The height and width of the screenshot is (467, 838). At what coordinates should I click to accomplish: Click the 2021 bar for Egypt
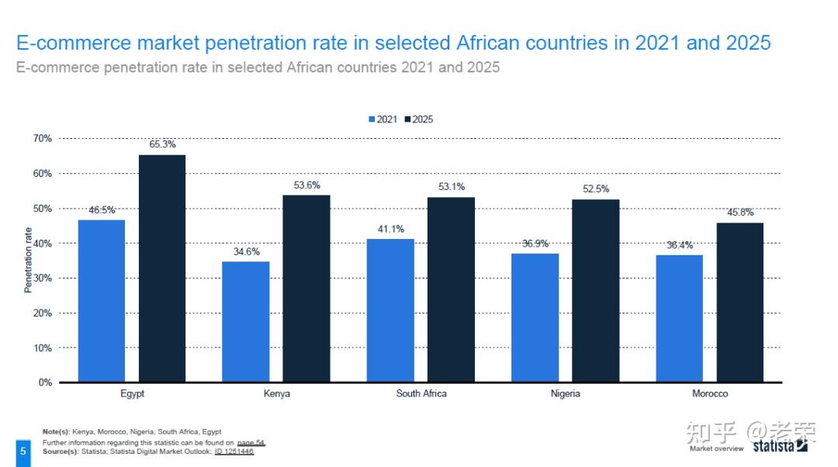[101, 301]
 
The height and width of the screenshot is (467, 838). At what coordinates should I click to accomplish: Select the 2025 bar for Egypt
[162, 268]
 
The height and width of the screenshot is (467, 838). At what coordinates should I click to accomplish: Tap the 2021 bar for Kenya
[245, 321]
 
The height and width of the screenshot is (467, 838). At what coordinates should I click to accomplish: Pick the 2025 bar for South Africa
[451, 289]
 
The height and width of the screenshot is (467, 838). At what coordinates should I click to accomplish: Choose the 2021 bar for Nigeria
[535, 317]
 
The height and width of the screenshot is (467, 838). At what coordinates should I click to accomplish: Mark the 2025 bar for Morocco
[739, 303]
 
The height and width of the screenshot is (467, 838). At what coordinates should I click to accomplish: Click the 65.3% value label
[162, 144]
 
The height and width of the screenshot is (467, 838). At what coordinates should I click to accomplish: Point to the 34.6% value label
[246, 251]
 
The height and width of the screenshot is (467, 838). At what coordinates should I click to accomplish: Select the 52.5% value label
[596, 189]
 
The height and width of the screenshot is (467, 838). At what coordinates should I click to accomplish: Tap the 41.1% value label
[390, 229]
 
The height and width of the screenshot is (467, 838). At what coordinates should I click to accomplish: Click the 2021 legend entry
[383, 119]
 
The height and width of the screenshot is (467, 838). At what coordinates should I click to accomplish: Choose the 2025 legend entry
[419, 119]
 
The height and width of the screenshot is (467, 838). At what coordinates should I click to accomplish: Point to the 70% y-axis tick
[43, 138]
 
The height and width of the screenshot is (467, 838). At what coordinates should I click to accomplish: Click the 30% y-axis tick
[43, 278]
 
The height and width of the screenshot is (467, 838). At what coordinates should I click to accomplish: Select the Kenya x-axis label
[277, 394]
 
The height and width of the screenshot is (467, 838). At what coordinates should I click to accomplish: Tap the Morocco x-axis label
[710, 394]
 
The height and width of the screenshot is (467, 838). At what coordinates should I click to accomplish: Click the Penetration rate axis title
[29, 260]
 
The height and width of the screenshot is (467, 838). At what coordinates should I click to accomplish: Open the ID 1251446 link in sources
[234, 451]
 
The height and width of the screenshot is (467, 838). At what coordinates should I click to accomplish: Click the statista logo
[779, 446]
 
